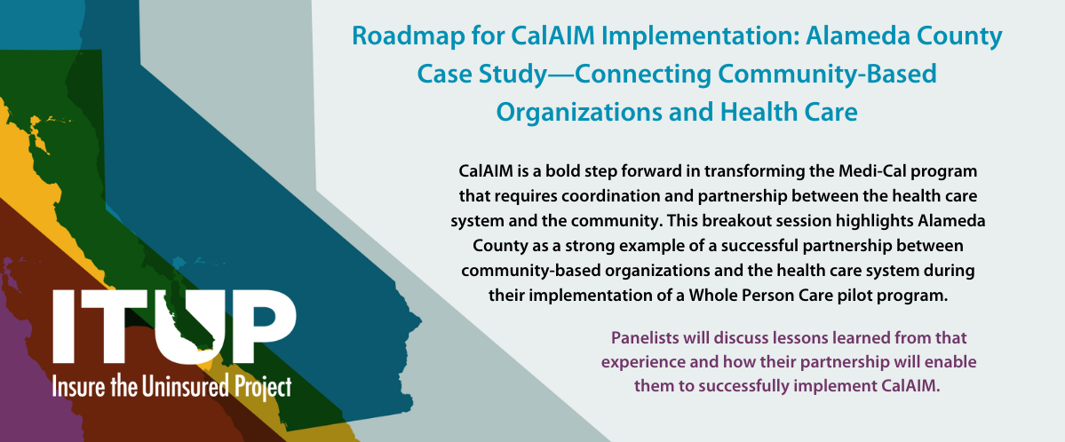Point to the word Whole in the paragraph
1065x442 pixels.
(x=710, y=296)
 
